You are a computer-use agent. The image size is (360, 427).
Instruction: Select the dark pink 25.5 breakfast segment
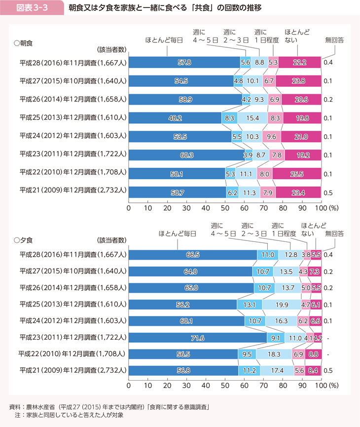(296, 174)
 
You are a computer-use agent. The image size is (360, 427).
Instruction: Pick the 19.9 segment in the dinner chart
(282, 305)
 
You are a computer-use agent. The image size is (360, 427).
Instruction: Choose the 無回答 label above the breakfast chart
(335, 40)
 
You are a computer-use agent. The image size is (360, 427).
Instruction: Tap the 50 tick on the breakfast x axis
(225, 208)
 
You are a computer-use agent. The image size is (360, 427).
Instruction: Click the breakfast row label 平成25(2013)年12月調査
(73, 118)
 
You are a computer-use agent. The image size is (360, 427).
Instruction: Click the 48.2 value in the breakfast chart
(176, 118)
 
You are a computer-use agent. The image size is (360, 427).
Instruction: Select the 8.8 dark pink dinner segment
(313, 354)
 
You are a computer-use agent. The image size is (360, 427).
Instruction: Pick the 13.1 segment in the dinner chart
(250, 305)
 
